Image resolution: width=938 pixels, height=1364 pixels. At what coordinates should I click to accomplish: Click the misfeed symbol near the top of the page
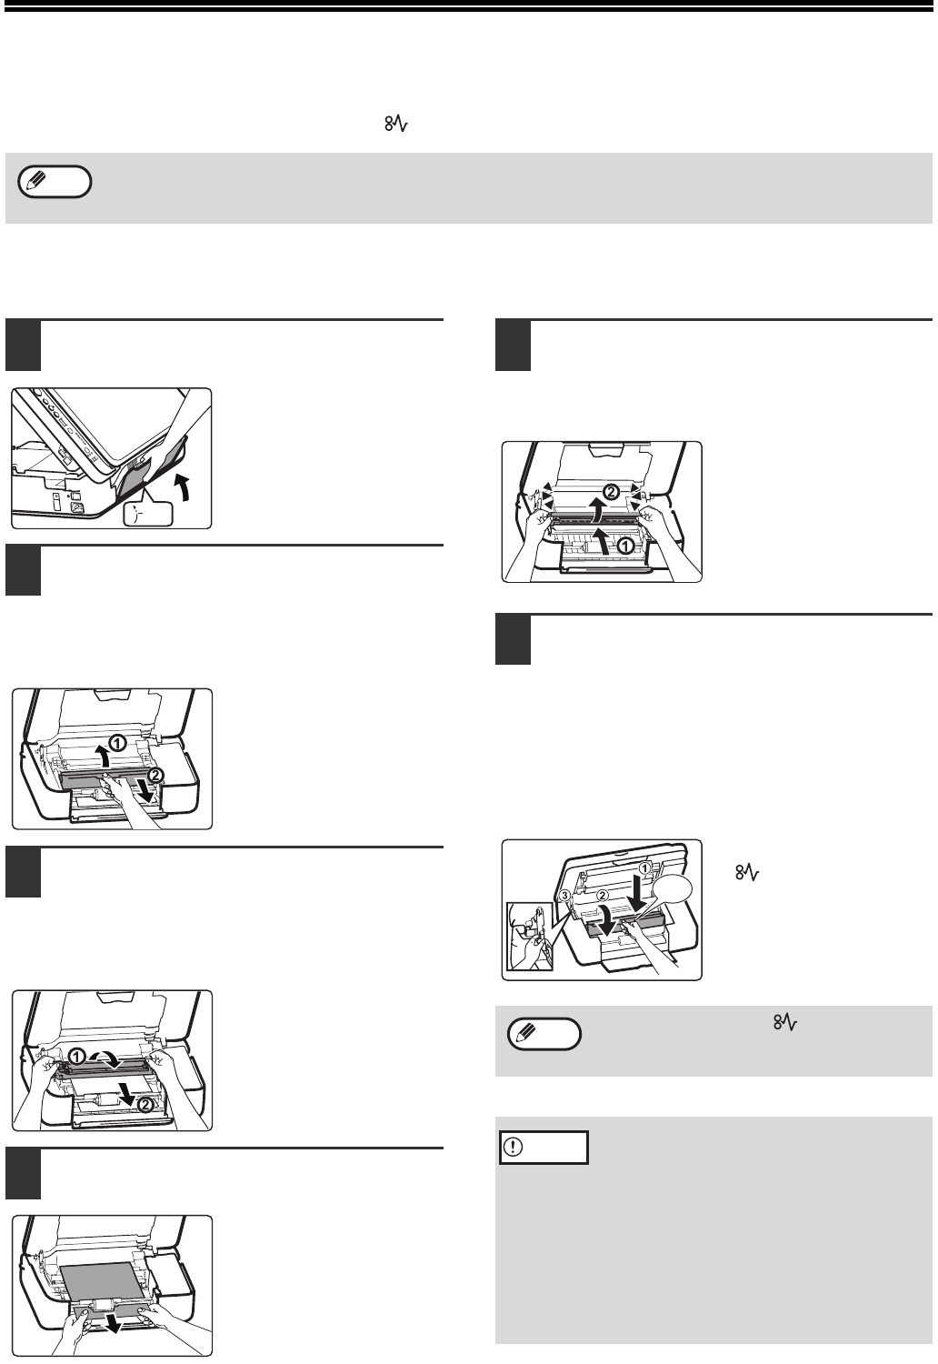[x=395, y=125]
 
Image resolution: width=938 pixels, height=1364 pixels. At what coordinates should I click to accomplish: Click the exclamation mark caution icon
[x=515, y=1148]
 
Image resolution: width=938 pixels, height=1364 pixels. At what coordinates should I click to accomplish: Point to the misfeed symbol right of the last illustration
[x=747, y=873]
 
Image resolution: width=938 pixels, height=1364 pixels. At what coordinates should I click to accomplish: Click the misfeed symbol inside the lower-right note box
[x=785, y=1023]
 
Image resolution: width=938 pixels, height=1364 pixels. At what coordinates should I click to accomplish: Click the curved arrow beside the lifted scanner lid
[x=184, y=487]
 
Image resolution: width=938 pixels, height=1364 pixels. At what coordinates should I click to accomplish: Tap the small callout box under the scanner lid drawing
[x=148, y=514]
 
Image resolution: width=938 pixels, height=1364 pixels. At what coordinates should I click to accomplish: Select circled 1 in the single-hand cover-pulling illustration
[x=117, y=742]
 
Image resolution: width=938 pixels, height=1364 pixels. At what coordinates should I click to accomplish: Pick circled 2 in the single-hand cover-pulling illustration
[x=155, y=775]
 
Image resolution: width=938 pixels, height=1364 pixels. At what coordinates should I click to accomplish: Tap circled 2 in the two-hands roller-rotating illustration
[x=144, y=1104]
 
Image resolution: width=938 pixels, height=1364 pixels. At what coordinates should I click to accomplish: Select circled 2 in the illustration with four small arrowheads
[x=612, y=491]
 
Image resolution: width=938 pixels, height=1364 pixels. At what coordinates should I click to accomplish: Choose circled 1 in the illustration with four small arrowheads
[x=624, y=546]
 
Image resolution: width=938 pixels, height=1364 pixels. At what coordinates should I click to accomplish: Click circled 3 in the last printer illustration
[x=564, y=895]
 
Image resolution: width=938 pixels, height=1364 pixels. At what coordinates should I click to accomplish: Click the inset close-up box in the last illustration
[x=529, y=936]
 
